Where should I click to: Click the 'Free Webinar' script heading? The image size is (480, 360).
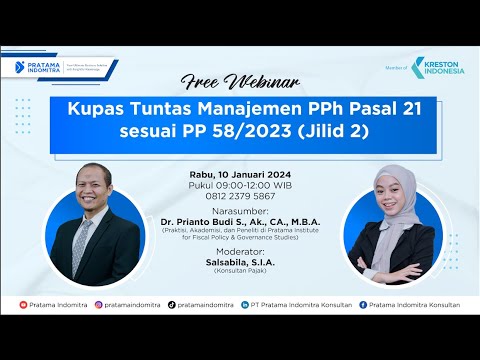[x=239, y=80]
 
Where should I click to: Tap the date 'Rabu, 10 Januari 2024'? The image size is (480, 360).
[x=239, y=175]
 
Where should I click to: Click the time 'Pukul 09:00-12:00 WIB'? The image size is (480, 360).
[x=239, y=185]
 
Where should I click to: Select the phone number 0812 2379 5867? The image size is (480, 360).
[x=239, y=195]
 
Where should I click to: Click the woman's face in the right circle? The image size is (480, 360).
[x=384, y=200]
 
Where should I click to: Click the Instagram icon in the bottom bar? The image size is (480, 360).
[x=99, y=303]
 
